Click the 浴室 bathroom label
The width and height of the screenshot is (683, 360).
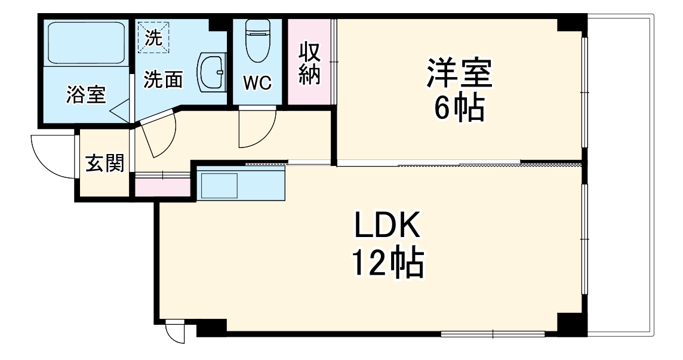86,95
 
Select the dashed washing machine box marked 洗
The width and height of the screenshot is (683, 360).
154,37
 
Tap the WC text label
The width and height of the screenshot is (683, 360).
257,83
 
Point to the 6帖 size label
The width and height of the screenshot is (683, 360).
459,109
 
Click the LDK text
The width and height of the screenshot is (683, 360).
388,227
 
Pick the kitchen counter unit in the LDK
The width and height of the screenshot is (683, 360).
242,185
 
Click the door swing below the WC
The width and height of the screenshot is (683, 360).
256,129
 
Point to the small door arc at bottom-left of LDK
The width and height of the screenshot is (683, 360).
174,332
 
